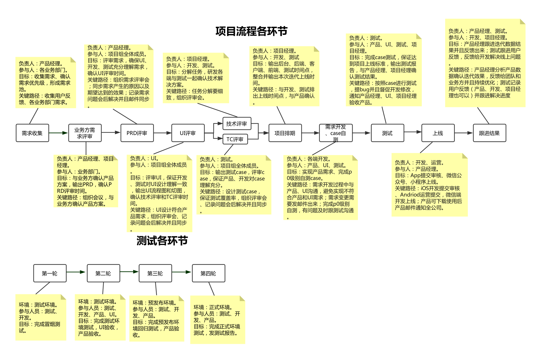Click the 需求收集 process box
pyautogui.click(x=32, y=133)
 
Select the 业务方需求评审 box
pyautogui.click(x=85, y=133)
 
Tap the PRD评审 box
pyautogui.click(x=137, y=133)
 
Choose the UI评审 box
pyautogui.click(x=188, y=133)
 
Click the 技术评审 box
pyautogui.click(x=237, y=124)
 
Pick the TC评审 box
pyautogui.click(x=235, y=139)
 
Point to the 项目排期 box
pyautogui.click(x=285, y=133)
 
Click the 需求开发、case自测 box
pyautogui.click(x=336, y=133)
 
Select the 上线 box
pyautogui.click(x=438, y=133)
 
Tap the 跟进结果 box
pyautogui.click(x=490, y=133)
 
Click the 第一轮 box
pyautogui.click(x=50, y=273)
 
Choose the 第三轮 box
pyautogui.click(x=155, y=273)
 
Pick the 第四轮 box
pyautogui.click(x=209, y=273)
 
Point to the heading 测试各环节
pyautogui.click(x=162, y=241)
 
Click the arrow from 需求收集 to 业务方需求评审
pyautogui.click(x=59, y=133)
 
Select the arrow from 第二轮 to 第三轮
pyautogui.click(x=129, y=272)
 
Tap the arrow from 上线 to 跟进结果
pyautogui.click(x=464, y=133)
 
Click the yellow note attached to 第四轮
pyautogui.click(x=218, y=320)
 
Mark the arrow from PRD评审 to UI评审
pyautogui.click(x=163, y=133)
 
